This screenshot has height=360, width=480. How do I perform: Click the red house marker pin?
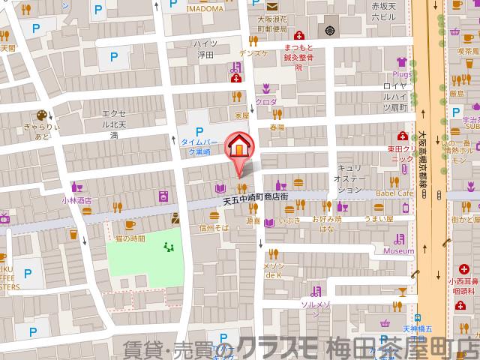(239, 145)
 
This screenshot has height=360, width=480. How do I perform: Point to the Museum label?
(399, 251)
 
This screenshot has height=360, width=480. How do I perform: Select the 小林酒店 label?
(76, 200)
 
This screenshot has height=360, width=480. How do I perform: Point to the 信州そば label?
(212, 226)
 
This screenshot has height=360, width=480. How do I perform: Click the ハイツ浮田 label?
(205, 49)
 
